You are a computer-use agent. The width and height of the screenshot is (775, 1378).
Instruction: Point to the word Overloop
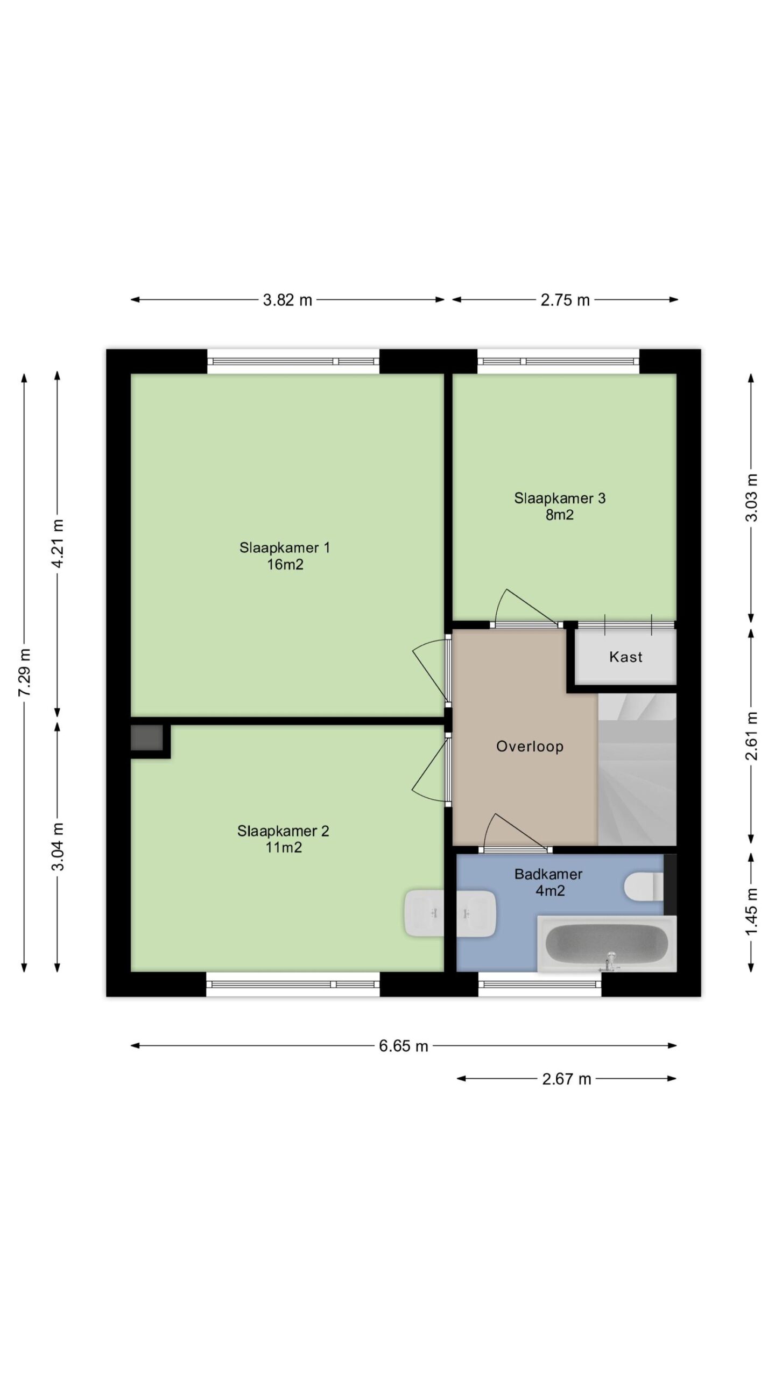coord(530,746)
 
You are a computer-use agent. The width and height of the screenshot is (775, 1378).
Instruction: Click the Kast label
coord(625,657)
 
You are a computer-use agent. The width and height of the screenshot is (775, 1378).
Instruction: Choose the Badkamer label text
coord(548,874)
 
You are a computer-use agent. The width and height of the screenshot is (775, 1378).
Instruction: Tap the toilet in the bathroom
coord(644,887)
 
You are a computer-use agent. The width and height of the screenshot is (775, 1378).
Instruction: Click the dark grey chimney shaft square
coord(146,737)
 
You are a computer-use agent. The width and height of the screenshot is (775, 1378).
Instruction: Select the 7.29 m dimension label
coord(25,672)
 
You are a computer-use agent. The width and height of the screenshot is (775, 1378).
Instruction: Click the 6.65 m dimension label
coord(404,1045)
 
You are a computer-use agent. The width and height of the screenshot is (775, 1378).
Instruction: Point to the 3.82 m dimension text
coord(287,300)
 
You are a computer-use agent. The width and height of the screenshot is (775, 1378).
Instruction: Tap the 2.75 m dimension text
coord(565,300)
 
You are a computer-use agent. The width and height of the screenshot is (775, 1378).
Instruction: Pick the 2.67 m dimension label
coord(567,1079)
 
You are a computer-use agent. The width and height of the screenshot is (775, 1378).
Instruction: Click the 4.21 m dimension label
coord(58,543)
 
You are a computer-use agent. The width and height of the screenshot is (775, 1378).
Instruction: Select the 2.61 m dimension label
coord(752,735)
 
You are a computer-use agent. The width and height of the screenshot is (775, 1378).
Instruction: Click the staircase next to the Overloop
coord(637,769)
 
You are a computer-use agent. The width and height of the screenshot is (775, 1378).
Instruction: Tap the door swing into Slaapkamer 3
coord(525,607)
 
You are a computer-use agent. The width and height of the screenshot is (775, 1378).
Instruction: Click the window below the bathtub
coord(540,984)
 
